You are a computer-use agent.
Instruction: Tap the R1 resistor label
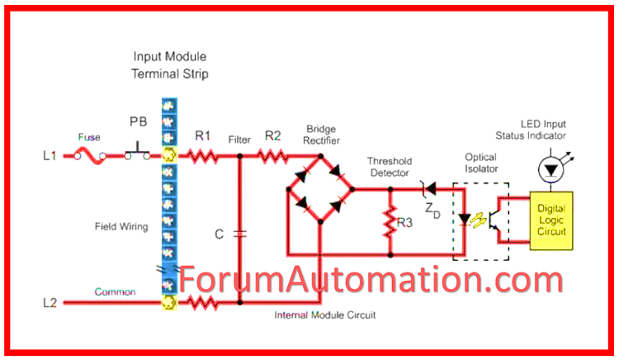click(x=201, y=135)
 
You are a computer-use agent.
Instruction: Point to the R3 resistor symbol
click(x=388, y=222)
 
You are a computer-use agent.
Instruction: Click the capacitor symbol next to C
click(x=239, y=234)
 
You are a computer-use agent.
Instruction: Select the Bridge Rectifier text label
click(x=321, y=135)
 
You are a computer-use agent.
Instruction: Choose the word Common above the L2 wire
click(x=115, y=291)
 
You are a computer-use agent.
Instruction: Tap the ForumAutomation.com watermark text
click(x=371, y=281)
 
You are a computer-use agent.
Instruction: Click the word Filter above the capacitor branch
click(x=239, y=140)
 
